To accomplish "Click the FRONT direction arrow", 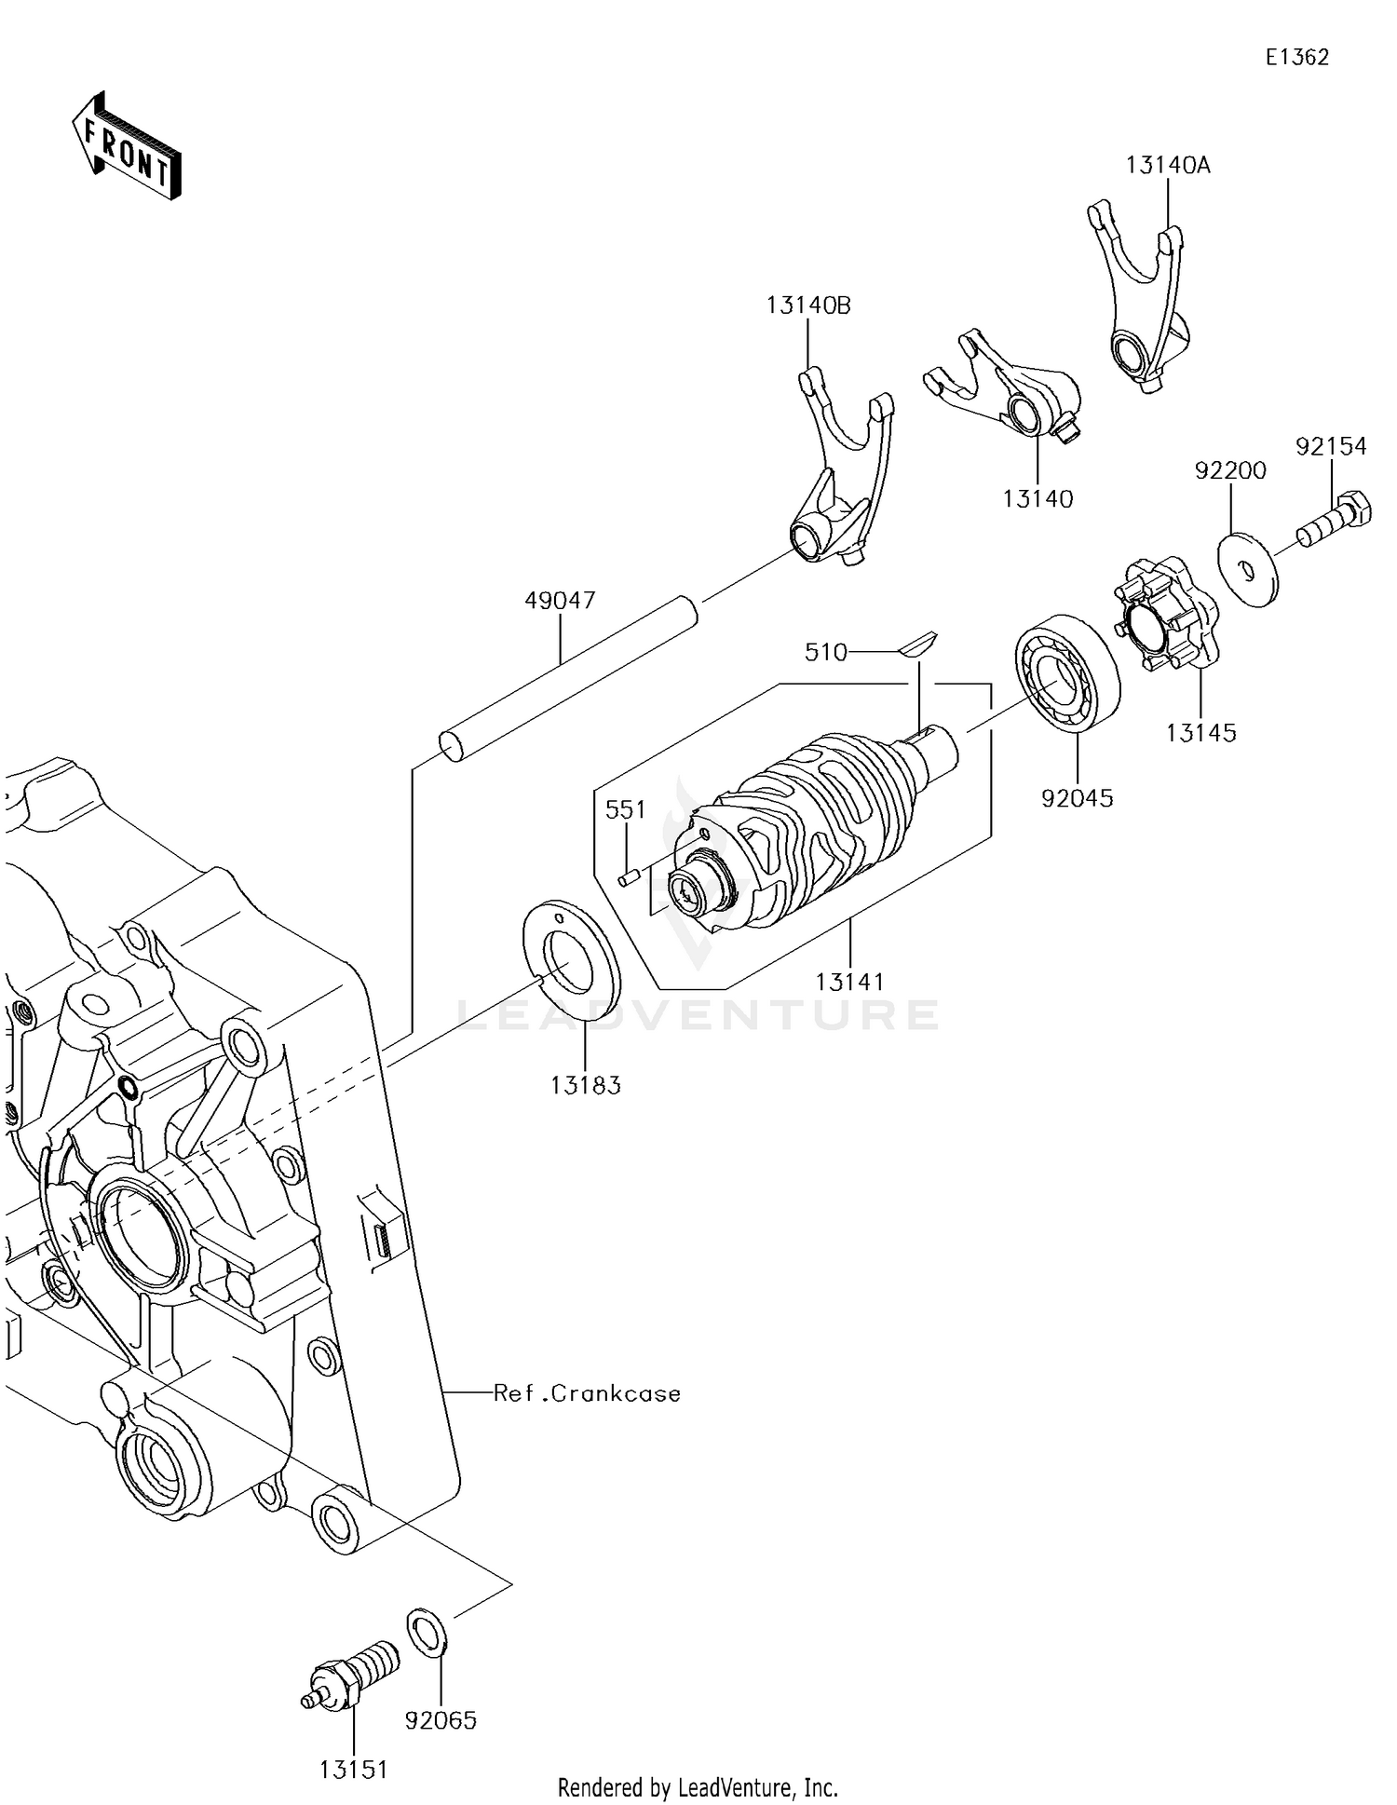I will click(126, 147).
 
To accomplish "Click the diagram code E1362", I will click(1296, 58).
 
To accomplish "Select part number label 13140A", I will click(1167, 166).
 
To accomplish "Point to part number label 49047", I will click(560, 601).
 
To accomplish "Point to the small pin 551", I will click(627, 877).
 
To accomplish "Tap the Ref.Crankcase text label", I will click(587, 1393).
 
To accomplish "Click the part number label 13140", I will click(1038, 499).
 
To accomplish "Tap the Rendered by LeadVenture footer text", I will click(698, 1787).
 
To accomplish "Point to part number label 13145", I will click(1200, 733).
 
